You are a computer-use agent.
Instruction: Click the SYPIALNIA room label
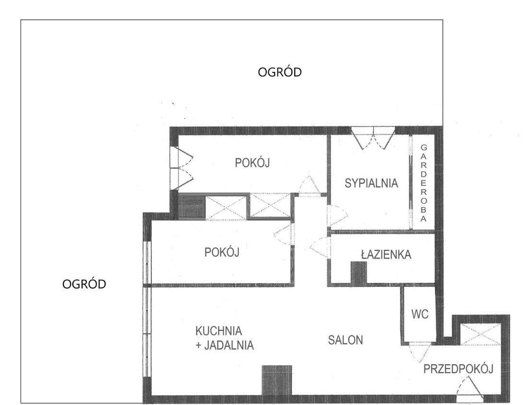click(x=371, y=183)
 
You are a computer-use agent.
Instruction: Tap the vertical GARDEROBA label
click(x=424, y=183)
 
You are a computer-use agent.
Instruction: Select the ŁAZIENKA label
click(x=386, y=254)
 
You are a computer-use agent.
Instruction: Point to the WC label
click(x=420, y=314)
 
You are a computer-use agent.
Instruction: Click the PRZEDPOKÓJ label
click(x=458, y=369)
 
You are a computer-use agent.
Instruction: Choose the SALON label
click(x=346, y=340)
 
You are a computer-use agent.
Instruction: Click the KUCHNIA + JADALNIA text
click(x=224, y=338)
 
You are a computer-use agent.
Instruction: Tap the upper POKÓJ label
click(x=252, y=163)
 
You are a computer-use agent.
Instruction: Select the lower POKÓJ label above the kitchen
click(x=222, y=252)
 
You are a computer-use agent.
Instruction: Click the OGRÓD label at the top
click(x=279, y=72)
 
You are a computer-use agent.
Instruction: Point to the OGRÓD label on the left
click(x=84, y=284)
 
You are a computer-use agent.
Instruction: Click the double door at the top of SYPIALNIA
click(x=373, y=138)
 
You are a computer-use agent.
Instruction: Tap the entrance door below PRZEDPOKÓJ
click(x=469, y=387)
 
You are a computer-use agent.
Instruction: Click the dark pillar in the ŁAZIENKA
click(x=359, y=273)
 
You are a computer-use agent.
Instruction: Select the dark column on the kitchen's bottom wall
click(x=277, y=380)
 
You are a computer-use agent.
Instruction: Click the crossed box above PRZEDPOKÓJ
click(x=480, y=334)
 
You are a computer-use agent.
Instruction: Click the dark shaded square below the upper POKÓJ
click(x=191, y=206)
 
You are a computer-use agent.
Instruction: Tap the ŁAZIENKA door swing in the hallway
click(x=320, y=248)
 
